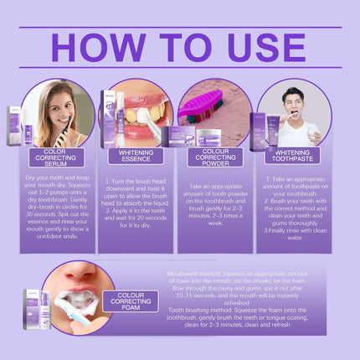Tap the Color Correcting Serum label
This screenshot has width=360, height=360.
[x=56, y=156]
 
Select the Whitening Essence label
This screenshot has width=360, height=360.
[x=136, y=156]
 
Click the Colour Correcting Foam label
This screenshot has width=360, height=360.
[x=130, y=301]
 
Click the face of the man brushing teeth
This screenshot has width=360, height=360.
[x=292, y=105]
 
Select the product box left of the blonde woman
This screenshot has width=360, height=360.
[x=14, y=126]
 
